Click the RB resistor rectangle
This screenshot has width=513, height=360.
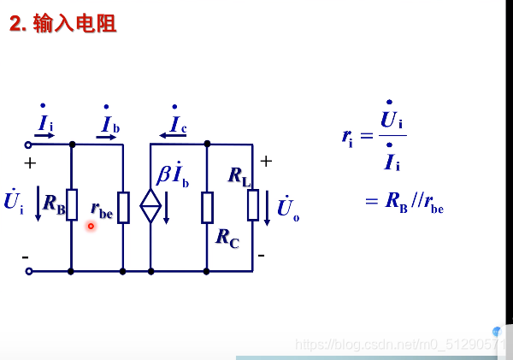point(72,205)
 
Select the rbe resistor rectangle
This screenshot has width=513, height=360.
point(123,207)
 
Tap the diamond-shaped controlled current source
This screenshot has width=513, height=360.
point(150,206)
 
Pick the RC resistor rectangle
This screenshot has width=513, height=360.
point(207,207)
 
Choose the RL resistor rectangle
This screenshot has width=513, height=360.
point(253,205)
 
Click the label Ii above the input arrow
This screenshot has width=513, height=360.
point(44,124)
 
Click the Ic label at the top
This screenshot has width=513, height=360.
point(177,126)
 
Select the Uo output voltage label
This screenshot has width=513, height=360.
point(288,209)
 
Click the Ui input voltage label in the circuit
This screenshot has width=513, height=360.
point(13,202)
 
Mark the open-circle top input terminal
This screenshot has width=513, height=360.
point(28,145)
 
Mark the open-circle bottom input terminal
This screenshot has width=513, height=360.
point(28,271)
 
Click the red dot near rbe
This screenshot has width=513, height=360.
point(91,226)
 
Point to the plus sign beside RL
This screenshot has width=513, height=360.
point(266,161)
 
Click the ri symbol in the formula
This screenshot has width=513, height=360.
point(347,136)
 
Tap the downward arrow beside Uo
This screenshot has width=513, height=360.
point(267,209)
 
